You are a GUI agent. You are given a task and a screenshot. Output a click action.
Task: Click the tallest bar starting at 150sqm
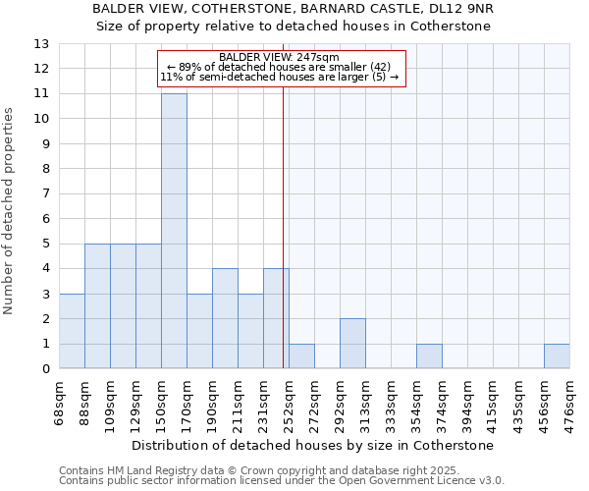click(174, 231)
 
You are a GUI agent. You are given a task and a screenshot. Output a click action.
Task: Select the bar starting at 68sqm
click(72, 331)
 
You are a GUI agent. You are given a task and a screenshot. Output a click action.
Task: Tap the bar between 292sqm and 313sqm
click(352, 344)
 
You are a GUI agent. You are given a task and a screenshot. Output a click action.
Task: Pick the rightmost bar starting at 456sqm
click(557, 356)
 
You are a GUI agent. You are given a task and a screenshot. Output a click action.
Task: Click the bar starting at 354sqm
click(429, 356)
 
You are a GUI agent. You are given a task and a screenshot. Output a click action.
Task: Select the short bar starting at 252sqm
click(301, 356)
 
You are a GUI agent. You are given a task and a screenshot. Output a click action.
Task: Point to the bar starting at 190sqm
click(225, 319)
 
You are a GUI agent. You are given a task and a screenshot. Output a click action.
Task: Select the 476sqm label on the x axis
click(569, 403)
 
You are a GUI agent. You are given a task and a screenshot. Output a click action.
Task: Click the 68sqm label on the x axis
click(59, 403)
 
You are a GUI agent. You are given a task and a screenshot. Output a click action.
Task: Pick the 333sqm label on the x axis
click(391, 403)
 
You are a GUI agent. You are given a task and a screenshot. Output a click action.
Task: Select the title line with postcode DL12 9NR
click(294, 9)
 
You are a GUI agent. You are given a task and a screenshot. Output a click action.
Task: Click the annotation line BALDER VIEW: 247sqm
click(280, 57)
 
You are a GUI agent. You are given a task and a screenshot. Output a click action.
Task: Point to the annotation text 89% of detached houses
click(280, 67)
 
